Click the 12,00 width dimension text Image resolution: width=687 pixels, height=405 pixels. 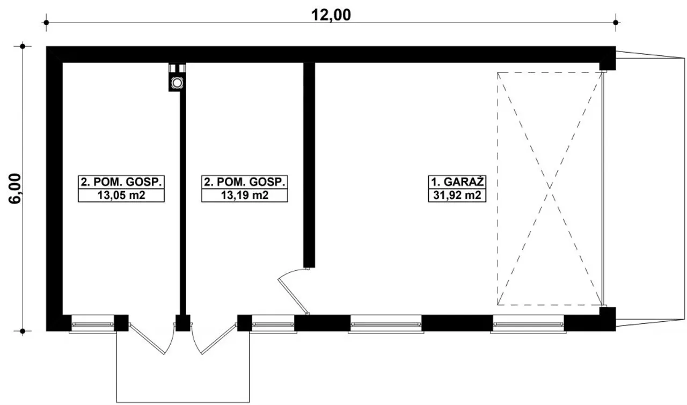click(331, 15)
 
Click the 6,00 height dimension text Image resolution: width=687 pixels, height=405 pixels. click(15, 188)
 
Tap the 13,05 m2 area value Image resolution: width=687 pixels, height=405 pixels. click(121, 195)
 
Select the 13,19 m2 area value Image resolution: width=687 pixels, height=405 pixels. click(244, 195)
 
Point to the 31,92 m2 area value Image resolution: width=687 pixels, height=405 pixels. click(457, 195)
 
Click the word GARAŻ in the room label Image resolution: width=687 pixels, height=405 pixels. click(464, 182)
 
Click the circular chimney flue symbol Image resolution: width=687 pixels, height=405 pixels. click(177, 83)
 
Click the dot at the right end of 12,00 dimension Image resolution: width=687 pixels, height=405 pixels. click(616, 23)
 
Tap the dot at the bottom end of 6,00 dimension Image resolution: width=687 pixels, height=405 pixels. click(23, 331)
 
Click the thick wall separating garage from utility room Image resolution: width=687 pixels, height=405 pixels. click(309, 165)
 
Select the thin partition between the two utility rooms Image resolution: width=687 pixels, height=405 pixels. click(183, 203)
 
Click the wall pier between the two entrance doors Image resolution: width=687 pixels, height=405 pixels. click(183, 323)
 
